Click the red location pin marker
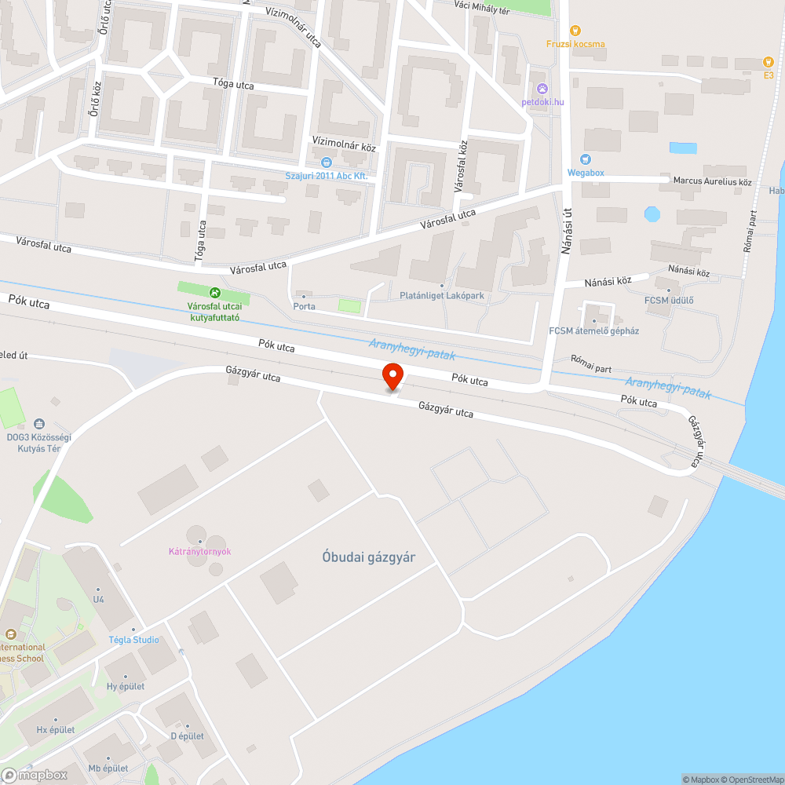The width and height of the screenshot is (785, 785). tap(392, 375)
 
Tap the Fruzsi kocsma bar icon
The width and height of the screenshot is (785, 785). tap(575, 31)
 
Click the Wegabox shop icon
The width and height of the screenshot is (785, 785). tap(585, 159)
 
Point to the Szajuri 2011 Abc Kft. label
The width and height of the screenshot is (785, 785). tap(327, 176)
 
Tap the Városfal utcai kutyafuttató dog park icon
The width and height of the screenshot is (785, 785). tap(203, 293)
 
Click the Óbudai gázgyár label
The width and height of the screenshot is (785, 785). tap(368, 557)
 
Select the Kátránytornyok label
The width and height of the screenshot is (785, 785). tap(200, 551)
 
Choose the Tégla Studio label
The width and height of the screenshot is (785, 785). tap(133, 640)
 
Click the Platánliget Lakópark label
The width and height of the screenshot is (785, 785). tap(443, 296)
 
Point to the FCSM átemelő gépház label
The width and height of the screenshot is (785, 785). tap(593, 330)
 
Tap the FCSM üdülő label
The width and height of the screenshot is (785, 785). tap(669, 301)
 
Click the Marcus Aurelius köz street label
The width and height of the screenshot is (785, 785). tap(712, 182)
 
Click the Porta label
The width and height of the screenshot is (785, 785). tap(304, 306)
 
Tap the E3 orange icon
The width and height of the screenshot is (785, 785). tap(769, 62)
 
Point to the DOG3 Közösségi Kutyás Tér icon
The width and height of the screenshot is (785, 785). tap(39, 423)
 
